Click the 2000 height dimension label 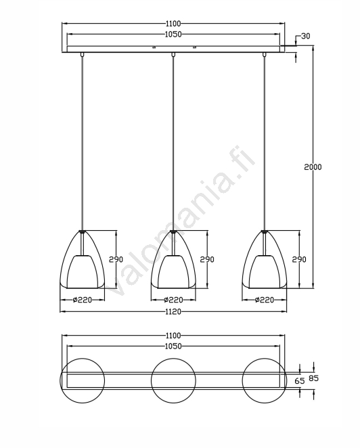point(313,167)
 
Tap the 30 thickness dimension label point(305,37)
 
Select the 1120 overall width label point(173,311)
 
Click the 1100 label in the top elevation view point(173,23)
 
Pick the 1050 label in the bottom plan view point(173,346)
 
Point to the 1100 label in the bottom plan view point(173,336)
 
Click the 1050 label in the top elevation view point(173,35)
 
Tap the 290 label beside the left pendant point(116,259)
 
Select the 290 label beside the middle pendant point(207,259)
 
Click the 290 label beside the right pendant point(299,259)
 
